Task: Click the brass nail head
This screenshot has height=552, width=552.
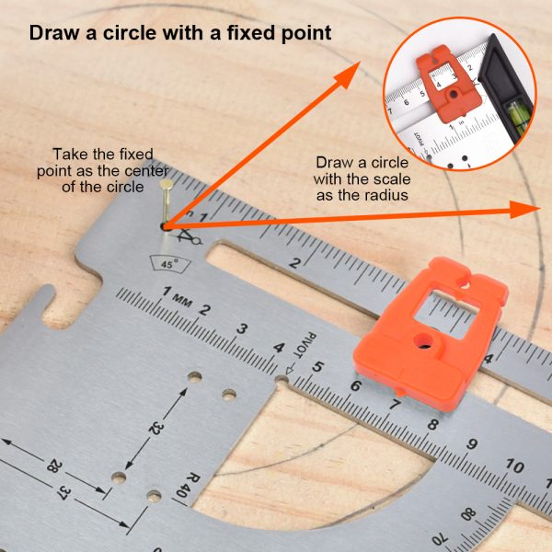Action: point(167,184)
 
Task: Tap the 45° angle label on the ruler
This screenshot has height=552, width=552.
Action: point(169,264)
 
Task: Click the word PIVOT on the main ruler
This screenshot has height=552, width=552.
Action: point(305,345)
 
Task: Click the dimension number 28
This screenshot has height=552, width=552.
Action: point(54,466)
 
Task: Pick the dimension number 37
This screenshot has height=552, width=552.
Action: point(63,492)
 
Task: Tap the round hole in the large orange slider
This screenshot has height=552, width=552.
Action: point(423,340)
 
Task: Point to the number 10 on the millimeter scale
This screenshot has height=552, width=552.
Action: point(514,466)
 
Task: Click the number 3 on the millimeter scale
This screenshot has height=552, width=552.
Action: point(242,328)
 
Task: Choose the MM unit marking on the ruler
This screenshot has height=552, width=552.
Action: point(183,300)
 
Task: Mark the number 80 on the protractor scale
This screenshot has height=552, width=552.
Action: point(468,515)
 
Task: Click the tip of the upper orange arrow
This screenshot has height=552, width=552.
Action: point(361,62)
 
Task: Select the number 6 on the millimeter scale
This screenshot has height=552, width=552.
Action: point(356,385)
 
